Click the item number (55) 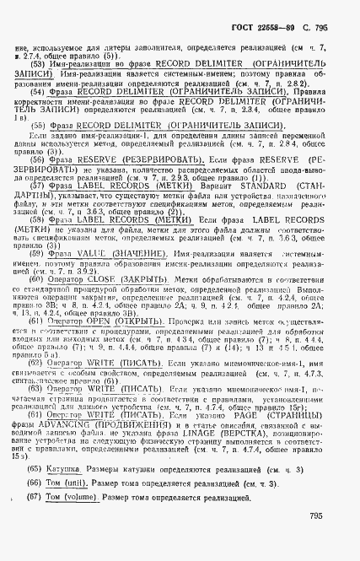37,125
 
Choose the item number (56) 37,158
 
